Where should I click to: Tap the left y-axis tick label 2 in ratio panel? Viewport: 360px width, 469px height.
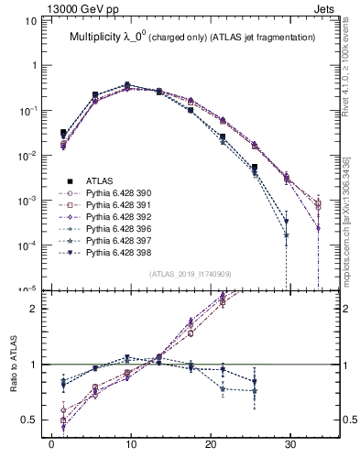tap(38, 309)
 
